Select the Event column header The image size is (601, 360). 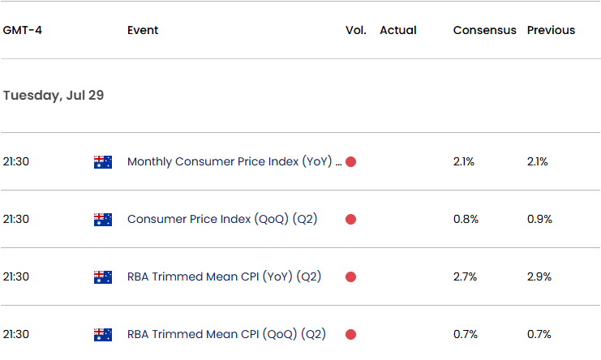click(143, 30)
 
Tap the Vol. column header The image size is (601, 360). click(355, 30)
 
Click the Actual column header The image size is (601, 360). click(397, 30)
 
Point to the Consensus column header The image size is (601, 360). click(484, 30)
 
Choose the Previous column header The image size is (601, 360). click(551, 30)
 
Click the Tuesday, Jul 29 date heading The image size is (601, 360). click(54, 96)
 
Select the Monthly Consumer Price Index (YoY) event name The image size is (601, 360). click(230, 161)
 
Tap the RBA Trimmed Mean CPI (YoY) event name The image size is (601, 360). click(224, 276)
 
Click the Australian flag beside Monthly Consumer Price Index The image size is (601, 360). click(103, 161)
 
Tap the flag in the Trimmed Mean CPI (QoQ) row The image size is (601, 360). click(103, 334)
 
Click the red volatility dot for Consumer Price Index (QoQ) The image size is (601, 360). click(350, 219)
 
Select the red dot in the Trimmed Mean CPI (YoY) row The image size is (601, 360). click(350, 276)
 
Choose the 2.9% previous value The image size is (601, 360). click(539, 276)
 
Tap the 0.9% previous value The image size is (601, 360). click(539, 219)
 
